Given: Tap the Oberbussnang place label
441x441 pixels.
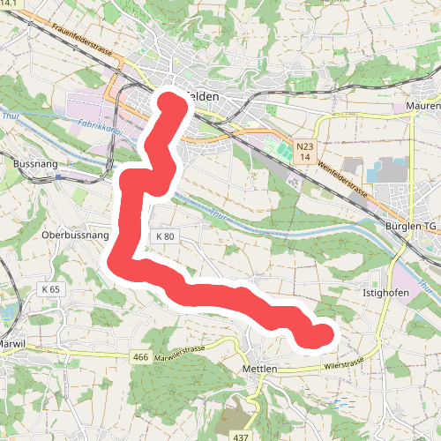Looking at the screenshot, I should pyautogui.click(x=75, y=236).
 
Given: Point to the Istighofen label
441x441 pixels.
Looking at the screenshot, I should pyautogui.click(x=386, y=290).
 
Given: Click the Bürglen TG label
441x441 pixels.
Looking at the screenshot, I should pyautogui.click(x=411, y=226).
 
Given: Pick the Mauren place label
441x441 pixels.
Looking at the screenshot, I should pyautogui.click(x=423, y=107).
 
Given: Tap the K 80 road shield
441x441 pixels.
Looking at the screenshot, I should pyautogui.click(x=165, y=236).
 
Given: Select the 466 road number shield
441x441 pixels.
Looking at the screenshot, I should pyautogui.click(x=139, y=356).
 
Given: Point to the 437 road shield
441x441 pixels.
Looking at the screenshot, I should pyautogui.click(x=241, y=436).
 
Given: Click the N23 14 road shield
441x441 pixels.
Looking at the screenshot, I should pyautogui.click(x=304, y=151).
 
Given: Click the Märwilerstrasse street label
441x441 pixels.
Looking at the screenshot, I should pyautogui.click(x=179, y=352).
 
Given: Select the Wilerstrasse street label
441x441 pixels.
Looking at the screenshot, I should pyautogui.click(x=344, y=363).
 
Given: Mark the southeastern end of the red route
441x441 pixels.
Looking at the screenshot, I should pyautogui.click(x=322, y=335).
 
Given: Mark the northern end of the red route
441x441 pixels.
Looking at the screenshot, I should pyautogui.click(x=173, y=104).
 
